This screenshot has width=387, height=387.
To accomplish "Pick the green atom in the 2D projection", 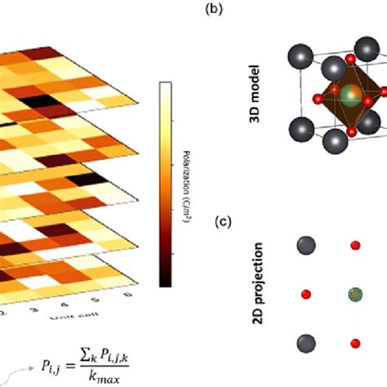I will pos(354,294).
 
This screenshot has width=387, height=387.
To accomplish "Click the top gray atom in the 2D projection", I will pos(306,246).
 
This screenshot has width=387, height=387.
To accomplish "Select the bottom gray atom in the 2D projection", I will pos(306,343).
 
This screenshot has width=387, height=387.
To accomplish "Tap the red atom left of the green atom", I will pos(306,294).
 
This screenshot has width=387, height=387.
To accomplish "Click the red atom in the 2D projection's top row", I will pos(354,246).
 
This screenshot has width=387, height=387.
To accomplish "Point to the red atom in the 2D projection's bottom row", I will pos(354,343).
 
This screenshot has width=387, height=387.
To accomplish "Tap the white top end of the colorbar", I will pos(165,87).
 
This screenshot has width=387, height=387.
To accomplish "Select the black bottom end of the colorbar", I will pos(165,282).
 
